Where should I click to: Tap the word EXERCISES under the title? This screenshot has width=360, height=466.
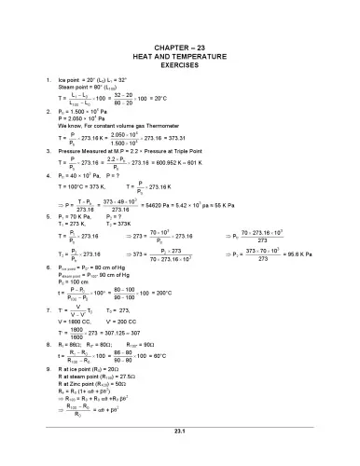click(181, 67)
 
